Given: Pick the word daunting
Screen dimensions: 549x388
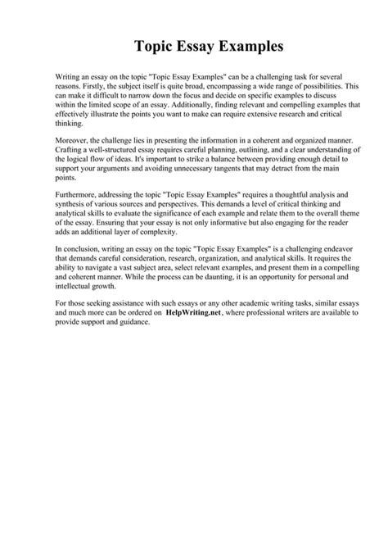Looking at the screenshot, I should click(x=222, y=303).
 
